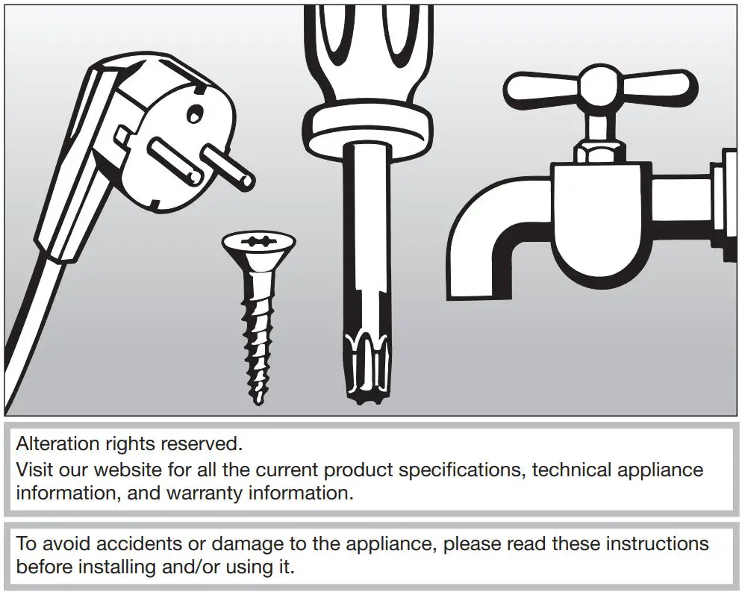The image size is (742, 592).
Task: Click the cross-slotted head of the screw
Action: (259, 242)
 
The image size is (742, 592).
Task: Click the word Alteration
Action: (58, 444)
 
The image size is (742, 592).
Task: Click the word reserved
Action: (205, 444)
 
